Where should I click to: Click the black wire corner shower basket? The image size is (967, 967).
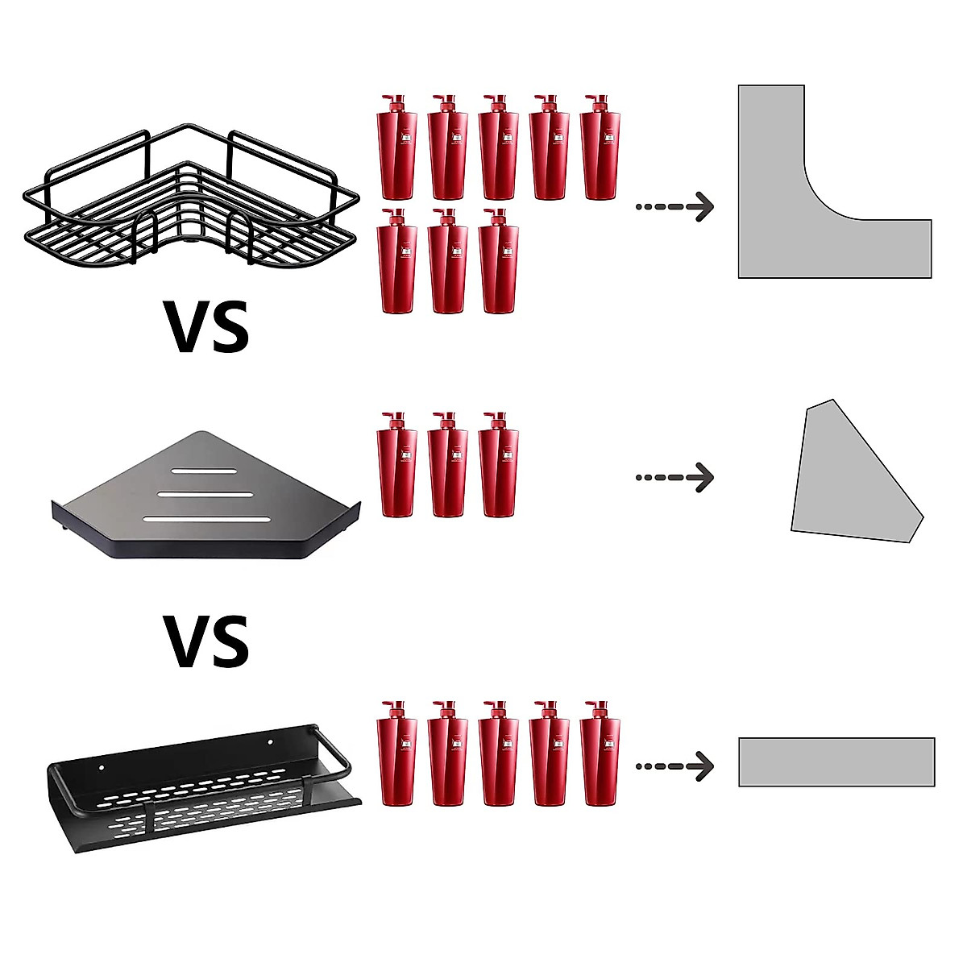[192, 195]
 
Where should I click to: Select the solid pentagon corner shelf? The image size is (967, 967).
[206, 496]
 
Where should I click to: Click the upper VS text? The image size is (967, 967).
[207, 326]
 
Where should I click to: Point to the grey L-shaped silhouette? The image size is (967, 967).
[835, 181]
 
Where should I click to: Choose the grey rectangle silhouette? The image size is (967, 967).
[836, 762]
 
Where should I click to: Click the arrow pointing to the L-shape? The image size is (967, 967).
[675, 206]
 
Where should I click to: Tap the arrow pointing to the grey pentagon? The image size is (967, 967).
[675, 477]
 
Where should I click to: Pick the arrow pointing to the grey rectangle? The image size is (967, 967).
[675, 766]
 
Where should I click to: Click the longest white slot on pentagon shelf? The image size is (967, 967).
[207, 518]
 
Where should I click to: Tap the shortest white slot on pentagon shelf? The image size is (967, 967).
[204, 471]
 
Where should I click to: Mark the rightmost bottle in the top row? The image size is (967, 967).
[600, 147]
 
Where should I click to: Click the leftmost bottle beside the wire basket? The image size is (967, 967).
[397, 147]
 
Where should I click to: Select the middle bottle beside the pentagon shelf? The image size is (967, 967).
[448, 465]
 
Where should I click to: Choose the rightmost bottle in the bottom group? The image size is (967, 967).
[600, 753]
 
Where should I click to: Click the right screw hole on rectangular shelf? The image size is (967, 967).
[270, 741]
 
